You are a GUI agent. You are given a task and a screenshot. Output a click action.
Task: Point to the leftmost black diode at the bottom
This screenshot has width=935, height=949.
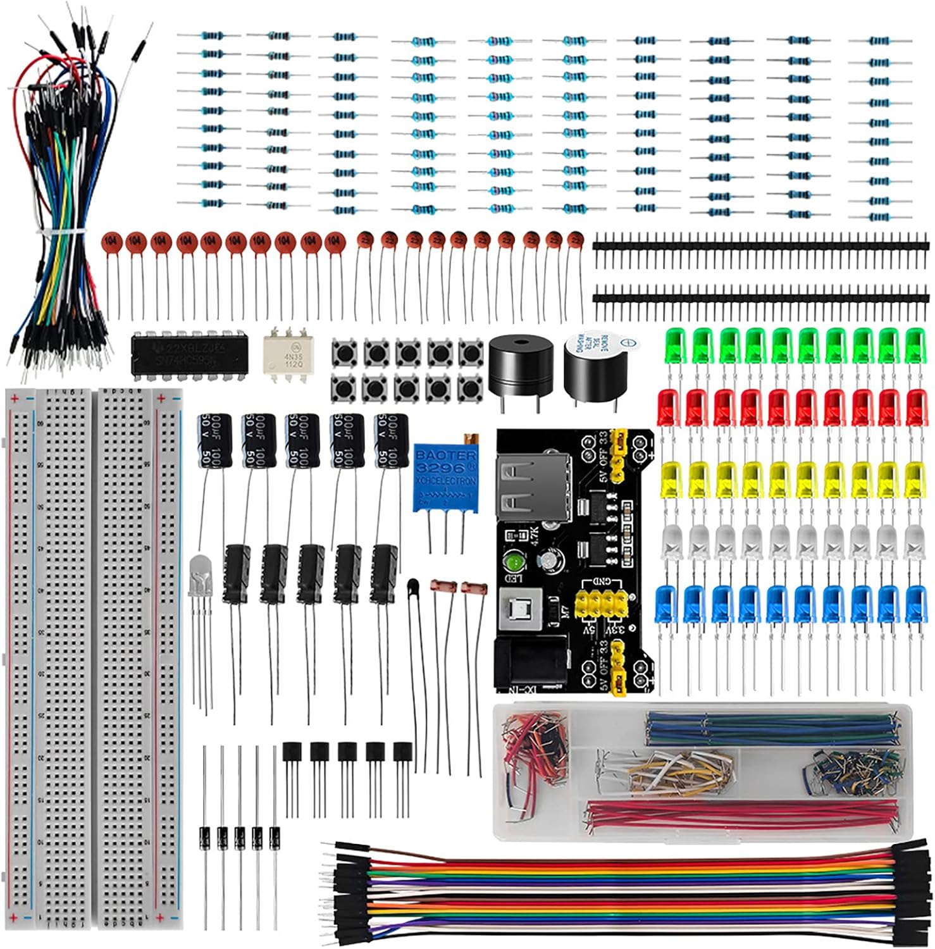[x=204, y=838]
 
